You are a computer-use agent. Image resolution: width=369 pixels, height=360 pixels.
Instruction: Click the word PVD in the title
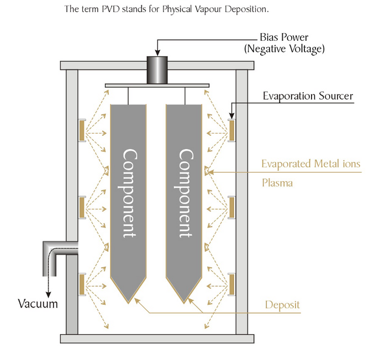(109, 10)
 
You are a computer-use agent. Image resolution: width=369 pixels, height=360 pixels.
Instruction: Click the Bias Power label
(284, 39)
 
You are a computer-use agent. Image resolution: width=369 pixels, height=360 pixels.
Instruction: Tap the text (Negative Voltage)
(284, 49)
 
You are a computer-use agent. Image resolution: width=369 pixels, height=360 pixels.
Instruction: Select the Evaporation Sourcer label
(307, 97)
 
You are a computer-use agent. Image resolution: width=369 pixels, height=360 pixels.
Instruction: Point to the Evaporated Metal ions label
(310, 164)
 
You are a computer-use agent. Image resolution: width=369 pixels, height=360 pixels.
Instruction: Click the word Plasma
(277, 182)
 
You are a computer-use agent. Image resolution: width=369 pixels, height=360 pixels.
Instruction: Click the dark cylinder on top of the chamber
(156, 70)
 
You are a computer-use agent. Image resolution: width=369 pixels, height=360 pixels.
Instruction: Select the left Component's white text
(129, 193)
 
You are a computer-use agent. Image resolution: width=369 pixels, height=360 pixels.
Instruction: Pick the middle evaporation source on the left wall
(82, 207)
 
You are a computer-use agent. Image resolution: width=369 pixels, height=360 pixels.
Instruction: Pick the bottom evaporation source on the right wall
(231, 283)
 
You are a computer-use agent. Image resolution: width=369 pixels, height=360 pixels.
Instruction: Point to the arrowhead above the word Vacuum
(49, 295)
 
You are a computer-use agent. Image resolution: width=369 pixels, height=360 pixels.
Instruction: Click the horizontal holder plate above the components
(156, 85)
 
